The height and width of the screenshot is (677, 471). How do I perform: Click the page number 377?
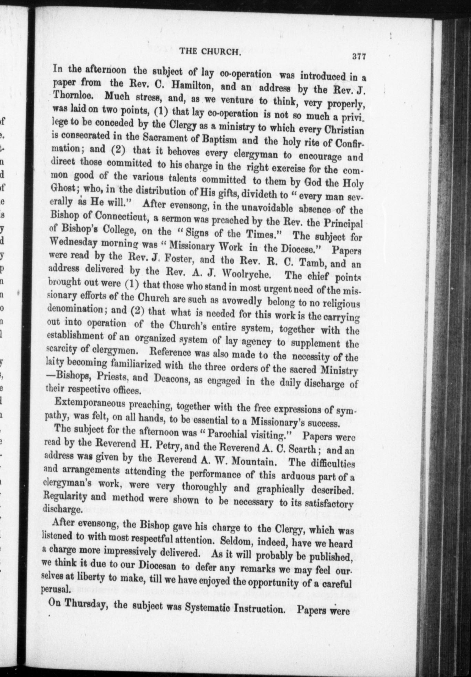(358, 57)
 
